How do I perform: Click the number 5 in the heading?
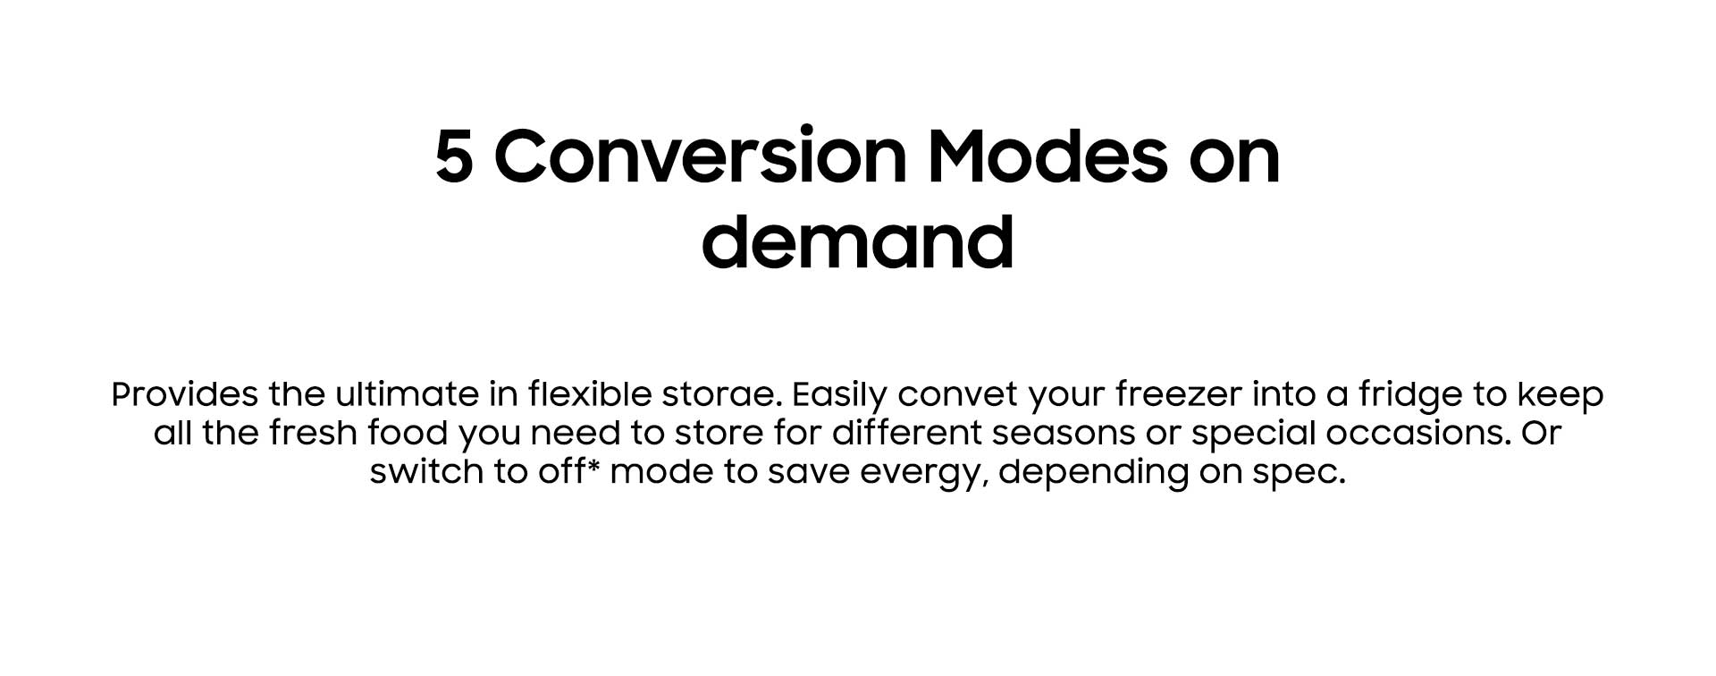454,157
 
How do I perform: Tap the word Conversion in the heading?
701,156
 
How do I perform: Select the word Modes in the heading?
1047,156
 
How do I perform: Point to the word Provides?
185,393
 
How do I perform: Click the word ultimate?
407,393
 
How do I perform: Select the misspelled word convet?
957,394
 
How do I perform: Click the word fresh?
307,433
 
